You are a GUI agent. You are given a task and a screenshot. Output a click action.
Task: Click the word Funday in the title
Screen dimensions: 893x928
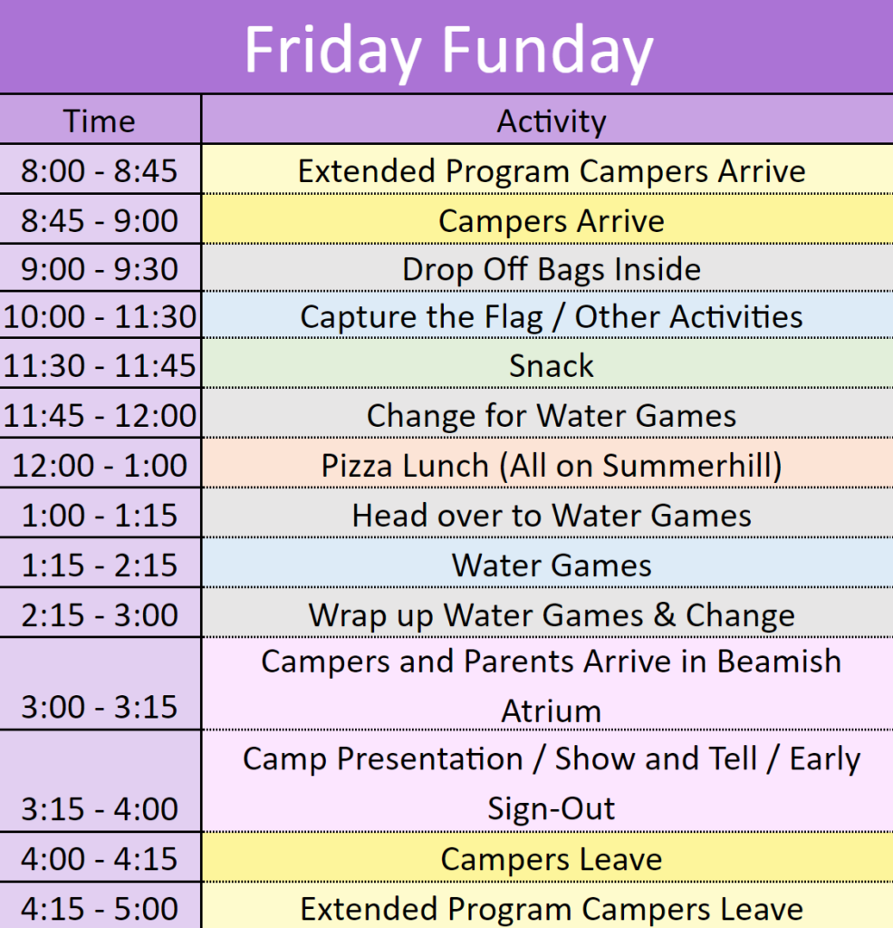(x=547, y=51)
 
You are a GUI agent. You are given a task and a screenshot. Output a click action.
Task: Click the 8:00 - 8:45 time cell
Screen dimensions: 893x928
(x=100, y=169)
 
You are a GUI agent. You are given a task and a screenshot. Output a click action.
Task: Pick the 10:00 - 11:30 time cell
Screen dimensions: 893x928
(x=100, y=316)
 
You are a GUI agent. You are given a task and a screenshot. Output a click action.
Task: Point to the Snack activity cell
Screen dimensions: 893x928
(x=548, y=364)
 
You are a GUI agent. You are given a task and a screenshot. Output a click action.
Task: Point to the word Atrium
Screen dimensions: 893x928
(x=552, y=710)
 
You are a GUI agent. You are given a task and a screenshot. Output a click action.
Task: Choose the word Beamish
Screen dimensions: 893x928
(x=779, y=661)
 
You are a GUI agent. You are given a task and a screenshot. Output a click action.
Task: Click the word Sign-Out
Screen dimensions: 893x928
(x=552, y=808)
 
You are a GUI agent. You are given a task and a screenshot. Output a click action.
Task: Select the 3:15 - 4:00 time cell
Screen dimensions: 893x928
(x=100, y=781)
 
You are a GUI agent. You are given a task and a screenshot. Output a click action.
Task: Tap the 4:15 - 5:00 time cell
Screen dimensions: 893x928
(x=100, y=905)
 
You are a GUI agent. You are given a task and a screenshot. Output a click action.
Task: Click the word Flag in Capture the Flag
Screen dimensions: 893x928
(x=513, y=317)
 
